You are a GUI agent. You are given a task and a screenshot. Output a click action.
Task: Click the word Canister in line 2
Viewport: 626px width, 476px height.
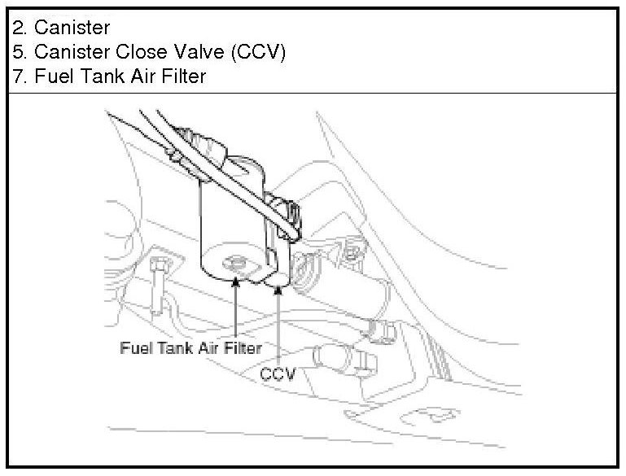click(71, 29)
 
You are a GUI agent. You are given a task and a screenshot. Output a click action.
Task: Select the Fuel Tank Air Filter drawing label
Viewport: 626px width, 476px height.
click(190, 347)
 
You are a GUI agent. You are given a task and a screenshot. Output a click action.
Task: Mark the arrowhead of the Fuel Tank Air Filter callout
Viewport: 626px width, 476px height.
click(234, 281)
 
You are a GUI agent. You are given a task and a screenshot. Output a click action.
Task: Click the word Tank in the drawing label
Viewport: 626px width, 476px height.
click(166, 347)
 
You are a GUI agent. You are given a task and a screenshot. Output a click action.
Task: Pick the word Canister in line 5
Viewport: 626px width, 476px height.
click(71, 53)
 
